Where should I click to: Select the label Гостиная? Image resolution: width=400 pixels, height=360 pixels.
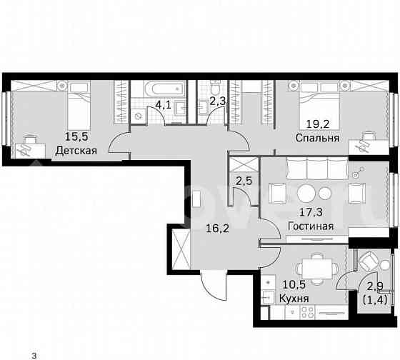click(x=311, y=226)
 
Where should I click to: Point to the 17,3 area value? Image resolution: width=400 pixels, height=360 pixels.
click(x=312, y=212)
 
